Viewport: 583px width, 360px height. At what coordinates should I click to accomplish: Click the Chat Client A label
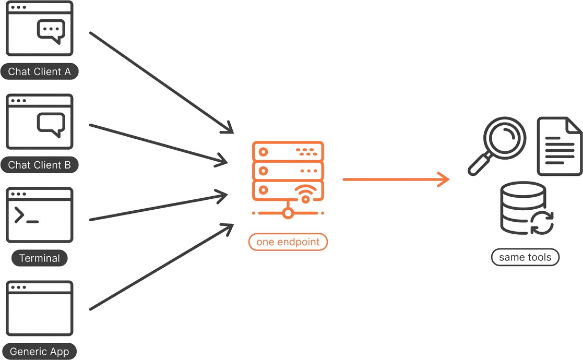point(40,71)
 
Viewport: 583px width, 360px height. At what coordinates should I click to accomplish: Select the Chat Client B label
point(40,164)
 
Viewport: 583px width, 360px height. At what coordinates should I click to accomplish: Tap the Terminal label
point(40,258)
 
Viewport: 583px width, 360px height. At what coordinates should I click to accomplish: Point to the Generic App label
point(40,351)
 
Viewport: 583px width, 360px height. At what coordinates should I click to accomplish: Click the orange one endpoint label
point(288,242)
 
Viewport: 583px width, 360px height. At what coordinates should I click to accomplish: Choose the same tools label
point(525,257)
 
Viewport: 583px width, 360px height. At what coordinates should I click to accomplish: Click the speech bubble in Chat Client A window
point(51,31)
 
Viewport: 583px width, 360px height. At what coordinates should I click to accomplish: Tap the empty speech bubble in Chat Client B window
point(51,125)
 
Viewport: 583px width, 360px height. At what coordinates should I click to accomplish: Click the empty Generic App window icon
point(40,308)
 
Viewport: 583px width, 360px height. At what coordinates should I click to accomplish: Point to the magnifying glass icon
point(496,146)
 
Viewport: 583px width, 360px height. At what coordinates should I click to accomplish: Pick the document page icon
point(560,146)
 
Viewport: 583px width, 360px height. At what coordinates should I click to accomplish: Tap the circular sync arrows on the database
point(542,223)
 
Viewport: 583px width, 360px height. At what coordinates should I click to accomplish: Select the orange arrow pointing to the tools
point(396,179)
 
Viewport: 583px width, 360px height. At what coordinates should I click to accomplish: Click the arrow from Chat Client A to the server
point(161,82)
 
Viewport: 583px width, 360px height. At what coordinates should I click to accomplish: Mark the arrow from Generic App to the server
point(161,267)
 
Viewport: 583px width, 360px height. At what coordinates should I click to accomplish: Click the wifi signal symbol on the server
point(306,194)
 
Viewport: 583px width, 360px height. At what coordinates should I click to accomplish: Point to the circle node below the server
point(288,213)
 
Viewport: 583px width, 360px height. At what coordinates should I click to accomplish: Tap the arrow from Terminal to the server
point(158,207)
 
